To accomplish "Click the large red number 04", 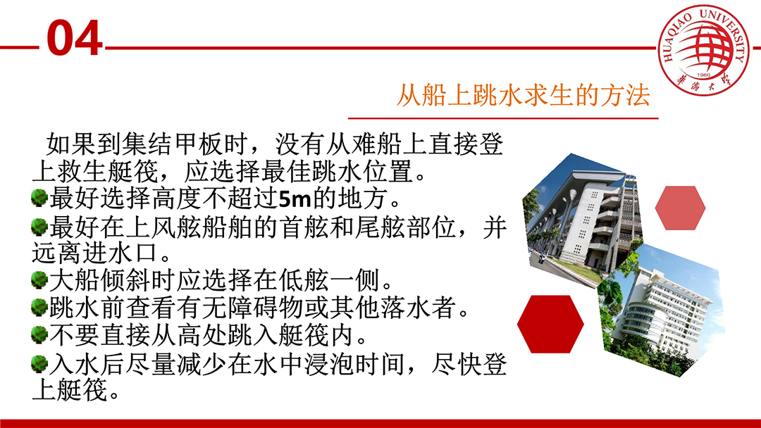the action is point(75,38).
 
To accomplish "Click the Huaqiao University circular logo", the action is point(703,49).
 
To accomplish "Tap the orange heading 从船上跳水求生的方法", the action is point(523,94).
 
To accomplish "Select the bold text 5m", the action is point(295,199).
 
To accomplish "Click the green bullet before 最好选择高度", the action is point(39,198).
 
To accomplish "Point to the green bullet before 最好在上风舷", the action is point(39,226).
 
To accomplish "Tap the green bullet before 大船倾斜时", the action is point(39,279).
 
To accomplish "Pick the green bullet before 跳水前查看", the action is point(39,307).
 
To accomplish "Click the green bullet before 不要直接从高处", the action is point(39,334).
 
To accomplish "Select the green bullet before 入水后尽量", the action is point(39,363).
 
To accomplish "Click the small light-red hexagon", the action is point(680,208).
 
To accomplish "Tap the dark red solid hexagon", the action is point(550,324).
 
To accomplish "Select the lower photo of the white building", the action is point(662,310).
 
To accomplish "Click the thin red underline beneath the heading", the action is point(503,118).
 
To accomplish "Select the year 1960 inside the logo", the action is point(703,75).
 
